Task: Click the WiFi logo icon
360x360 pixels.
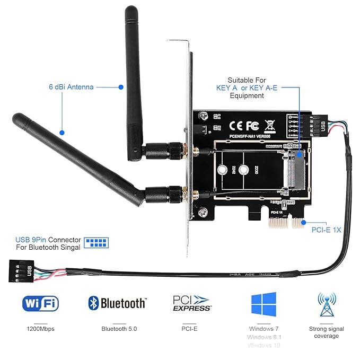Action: pyautogui.click(x=40, y=303)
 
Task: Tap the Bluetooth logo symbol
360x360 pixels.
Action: pyautogui.click(x=94, y=303)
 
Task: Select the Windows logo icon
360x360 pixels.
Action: pyautogui.click(x=264, y=304)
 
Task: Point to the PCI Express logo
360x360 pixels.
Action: pyautogui.click(x=192, y=303)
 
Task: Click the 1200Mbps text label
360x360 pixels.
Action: pyautogui.click(x=40, y=329)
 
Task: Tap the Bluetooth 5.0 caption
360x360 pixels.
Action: pyautogui.click(x=119, y=329)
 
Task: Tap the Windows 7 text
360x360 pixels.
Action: pyautogui.click(x=264, y=329)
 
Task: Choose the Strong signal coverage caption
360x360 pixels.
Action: pyautogui.click(x=326, y=332)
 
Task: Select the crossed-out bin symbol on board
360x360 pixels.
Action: pyautogui.click(x=269, y=125)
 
